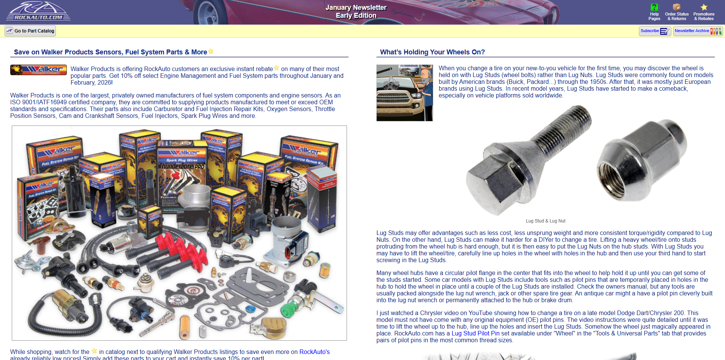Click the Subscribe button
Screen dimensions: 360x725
click(654, 31)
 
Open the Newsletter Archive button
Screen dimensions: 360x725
click(697, 31)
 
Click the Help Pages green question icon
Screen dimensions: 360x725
click(654, 7)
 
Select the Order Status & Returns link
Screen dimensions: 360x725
click(677, 16)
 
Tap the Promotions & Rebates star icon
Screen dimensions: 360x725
click(704, 7)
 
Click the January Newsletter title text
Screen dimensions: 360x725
click(356, 8)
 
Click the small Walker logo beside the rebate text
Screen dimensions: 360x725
click(38, 70)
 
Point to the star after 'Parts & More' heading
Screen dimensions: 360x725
click(211, 51)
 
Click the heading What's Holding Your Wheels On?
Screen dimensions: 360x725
click(432, 52)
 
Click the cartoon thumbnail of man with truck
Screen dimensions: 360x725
click(404, 93)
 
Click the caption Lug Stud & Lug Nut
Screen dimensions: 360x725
click(545, 221)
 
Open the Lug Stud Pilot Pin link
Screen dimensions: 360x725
click(475, 334)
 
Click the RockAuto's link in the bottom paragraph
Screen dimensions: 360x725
click(314, 352)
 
